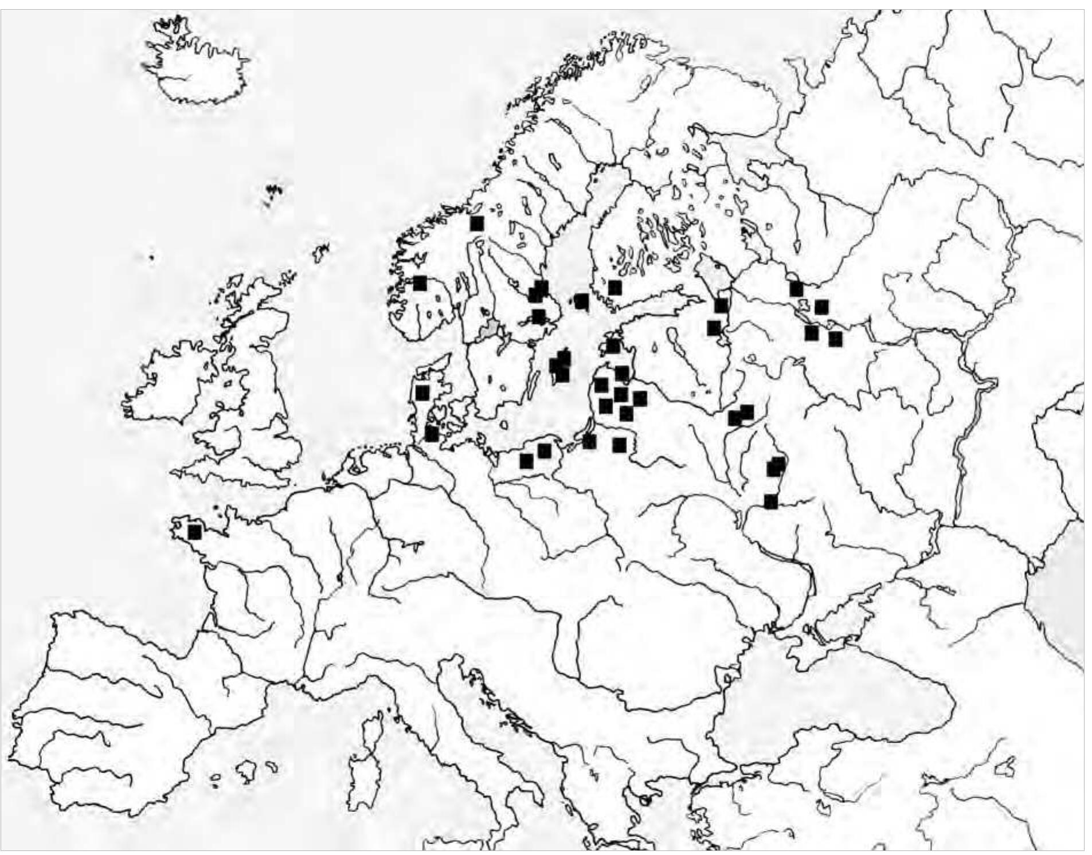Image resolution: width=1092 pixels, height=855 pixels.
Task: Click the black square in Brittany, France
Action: click(x=194, y=532)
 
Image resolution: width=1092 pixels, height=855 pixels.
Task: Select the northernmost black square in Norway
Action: click(x=476, y=223)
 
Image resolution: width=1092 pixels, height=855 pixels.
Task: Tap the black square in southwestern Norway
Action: click(x=420, y=283)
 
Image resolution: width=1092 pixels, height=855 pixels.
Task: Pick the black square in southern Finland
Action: click(x=615, y=287)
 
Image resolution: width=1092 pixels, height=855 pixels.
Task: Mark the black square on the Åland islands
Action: click(x=581, y=301)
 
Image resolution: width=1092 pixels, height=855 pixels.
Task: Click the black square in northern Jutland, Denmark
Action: click(x=422, y=393)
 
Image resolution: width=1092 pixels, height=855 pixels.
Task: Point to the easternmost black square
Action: click(x=836, y=339)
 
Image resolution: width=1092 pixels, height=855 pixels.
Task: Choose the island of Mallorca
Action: click(x=248, y=771)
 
